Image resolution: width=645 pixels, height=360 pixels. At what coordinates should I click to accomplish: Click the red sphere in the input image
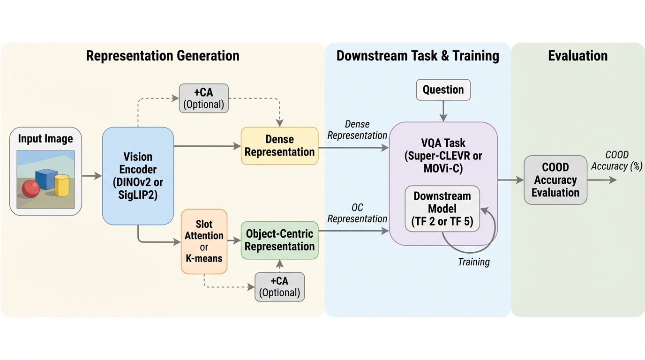point(31,188)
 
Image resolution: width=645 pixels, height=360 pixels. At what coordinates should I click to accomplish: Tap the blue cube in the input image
point(46,179)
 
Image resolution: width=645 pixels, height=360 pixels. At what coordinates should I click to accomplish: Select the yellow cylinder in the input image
point(62,185)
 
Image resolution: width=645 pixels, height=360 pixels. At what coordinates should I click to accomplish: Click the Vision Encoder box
point(138,175)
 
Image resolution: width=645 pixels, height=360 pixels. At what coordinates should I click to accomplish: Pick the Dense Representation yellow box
point(279,146)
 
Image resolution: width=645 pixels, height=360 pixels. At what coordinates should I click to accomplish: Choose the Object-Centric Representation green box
point(279,240)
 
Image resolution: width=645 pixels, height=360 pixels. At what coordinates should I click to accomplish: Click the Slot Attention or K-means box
point(204,241)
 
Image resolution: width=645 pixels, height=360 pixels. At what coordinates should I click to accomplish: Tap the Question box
point(443,90)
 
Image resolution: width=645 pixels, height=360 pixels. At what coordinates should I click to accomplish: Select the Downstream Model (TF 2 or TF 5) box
point(442,209)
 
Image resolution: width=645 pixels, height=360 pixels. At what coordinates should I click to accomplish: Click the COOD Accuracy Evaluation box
point(555,180)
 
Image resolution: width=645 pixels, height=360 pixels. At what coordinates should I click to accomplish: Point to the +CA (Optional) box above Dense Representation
point(203,98)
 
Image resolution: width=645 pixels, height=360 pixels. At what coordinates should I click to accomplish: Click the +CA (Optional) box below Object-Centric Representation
point(279,286)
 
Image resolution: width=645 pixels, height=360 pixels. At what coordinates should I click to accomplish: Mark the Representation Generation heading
point(163,56)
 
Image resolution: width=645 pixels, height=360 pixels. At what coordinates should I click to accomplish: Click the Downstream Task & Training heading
point(417,56)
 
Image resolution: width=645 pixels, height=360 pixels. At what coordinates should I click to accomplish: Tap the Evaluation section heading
point(577,56)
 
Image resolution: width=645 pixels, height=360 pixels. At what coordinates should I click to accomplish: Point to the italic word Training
point(473,262)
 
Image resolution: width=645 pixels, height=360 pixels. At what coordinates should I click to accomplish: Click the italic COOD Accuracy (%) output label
point(616,160)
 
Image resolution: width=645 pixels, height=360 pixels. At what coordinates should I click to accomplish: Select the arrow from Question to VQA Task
point(443,111)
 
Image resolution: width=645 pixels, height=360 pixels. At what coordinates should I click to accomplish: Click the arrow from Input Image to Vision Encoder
point(92,176)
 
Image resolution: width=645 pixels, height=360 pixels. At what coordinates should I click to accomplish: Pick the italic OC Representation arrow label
point(357,213)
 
